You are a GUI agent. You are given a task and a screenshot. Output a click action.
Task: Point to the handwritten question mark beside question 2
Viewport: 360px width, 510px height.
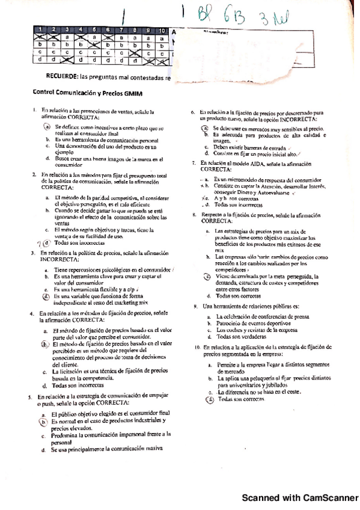click(38, 244)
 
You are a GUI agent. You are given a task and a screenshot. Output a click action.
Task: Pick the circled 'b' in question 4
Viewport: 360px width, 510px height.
click(45, 344)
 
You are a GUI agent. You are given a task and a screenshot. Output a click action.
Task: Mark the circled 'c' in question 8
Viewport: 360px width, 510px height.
click(206, 276)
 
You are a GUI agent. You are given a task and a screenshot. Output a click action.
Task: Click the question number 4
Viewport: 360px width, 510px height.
click(31, 314)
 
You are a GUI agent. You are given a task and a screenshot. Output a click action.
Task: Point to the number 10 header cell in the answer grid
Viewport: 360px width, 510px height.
click(162, 30)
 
